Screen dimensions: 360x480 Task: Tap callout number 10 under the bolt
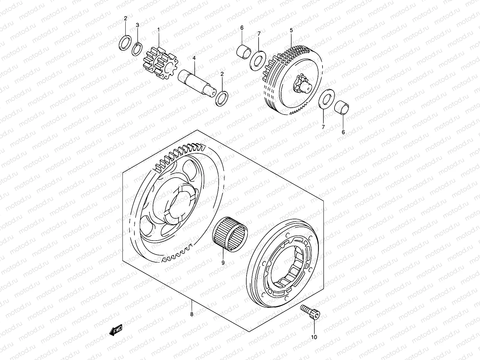pos(314,337)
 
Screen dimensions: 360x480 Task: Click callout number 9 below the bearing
pos(223,262)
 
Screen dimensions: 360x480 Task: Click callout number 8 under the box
pos(192,314)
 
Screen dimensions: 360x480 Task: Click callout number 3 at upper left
pos(137,25)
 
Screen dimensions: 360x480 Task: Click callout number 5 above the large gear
pos(291,30)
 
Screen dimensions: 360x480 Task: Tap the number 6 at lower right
pos(343,132)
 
